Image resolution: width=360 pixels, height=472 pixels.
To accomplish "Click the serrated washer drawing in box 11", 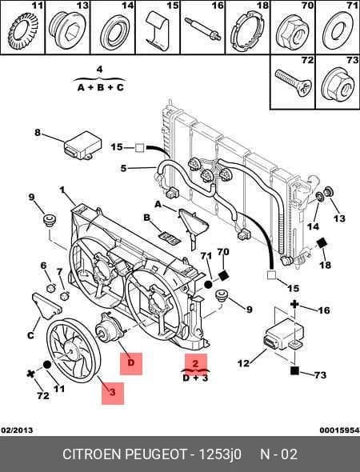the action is pos(23,32).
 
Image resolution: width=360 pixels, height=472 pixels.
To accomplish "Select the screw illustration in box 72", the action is pos(293,82).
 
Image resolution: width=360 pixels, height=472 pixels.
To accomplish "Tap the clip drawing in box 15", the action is pos(156,31).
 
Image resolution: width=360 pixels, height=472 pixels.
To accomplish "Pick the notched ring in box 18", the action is pos(248,32).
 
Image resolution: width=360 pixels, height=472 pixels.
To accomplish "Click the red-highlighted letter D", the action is pos(131,362).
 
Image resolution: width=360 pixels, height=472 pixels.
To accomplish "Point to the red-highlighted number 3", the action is pos(112,392).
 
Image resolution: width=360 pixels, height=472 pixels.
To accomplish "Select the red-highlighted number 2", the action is pos(196,363).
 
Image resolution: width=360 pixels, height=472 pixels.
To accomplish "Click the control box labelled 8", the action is pos(82,146).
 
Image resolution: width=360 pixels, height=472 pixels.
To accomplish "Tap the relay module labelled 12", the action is pos(284,334).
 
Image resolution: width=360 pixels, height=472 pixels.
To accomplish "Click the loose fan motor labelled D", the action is pos(109,327).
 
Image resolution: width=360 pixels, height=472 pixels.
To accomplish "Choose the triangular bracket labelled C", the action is pos(46,306).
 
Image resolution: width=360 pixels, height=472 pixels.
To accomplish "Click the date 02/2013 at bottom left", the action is pos(17,430).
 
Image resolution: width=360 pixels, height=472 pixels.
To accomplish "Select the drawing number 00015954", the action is pos(339,430).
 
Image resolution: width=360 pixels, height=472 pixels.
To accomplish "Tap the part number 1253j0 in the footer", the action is pos(219,454).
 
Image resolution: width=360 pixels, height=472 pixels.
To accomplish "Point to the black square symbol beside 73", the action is pos(294,370).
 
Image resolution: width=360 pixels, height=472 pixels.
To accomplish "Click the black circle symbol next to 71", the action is pos(208,284).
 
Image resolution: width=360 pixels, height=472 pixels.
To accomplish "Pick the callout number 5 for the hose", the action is pos(123,168).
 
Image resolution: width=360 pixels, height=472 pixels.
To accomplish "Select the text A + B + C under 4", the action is pos(101,87).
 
